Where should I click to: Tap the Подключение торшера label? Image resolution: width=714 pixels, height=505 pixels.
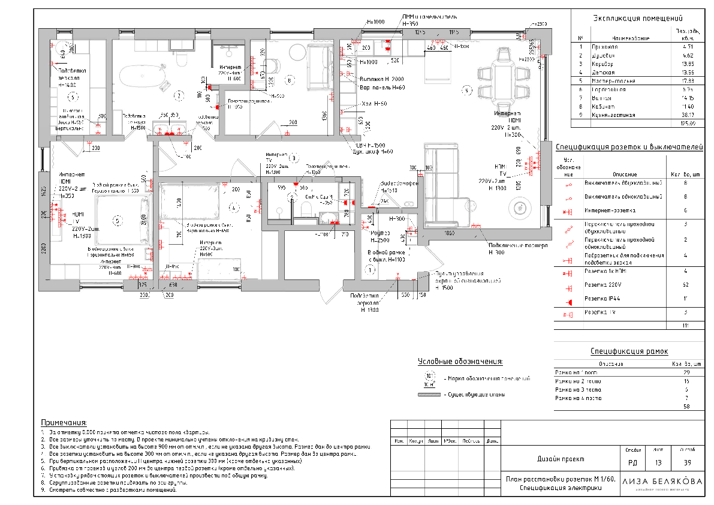click(x=518, y=246)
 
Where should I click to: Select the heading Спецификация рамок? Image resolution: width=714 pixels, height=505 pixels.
click(x=629, y=351)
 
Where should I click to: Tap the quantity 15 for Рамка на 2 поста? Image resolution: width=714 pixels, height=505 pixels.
click(x=686, y=381)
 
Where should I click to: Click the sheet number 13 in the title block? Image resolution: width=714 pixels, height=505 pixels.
click(x=659, y=462)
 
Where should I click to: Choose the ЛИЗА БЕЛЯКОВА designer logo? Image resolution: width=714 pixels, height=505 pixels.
click(x=662, y=482)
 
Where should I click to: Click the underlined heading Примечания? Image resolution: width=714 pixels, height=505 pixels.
click(x=64, y=422)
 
